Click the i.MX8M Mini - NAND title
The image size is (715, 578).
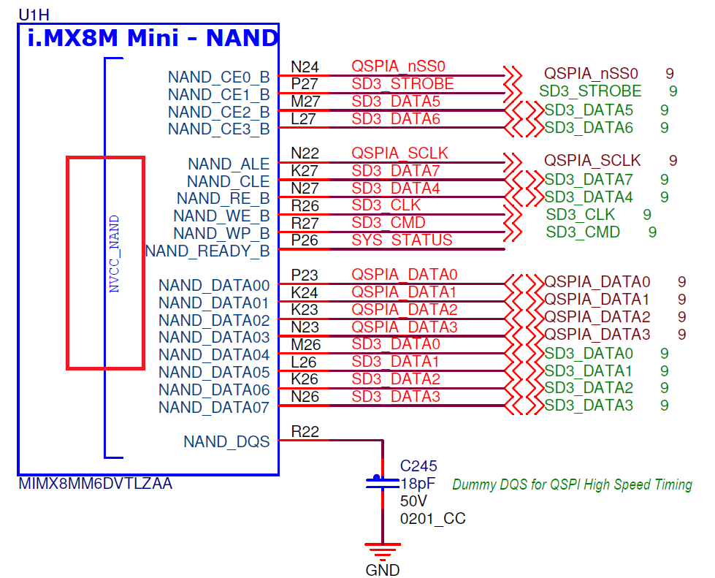pyautogui.click(x=153, y=38)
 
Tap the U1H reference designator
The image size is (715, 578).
pyautogui.click(x=36, y=14)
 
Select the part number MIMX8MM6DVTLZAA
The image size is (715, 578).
pyautogui.click(x=95, y=484)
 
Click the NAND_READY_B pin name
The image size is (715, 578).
pyautogui.click(x=207, y=251)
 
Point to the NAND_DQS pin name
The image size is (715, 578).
pyautogui.click(x=226, y=441)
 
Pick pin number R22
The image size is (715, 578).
pyautogui.click(x=305, y=433)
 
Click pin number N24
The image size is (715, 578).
pyautogui.click(x=305, y=67)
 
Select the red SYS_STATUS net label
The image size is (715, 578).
pyautogui.click(x=402, y=240)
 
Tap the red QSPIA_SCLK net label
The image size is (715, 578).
pyautogui.click(x=399, y=153)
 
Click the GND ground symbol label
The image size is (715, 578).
pyautogui.click(x=383, y=570)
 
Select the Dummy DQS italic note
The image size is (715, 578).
pyautogui.click(x=572, y=484)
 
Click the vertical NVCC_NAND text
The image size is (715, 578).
pyautogui.click(x=114, y=254)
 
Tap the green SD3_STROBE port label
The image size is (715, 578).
pyautogui.click(x=590, y=91)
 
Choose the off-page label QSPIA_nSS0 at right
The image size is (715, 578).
pyautogui.click(x=591, y=74)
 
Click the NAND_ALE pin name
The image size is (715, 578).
pyautogui.click(x=229, y=164)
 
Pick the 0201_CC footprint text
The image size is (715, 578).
pyautogui.click(x=432, y=519)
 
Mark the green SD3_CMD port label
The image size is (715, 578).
pyautogui.click(x=583, y=232)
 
